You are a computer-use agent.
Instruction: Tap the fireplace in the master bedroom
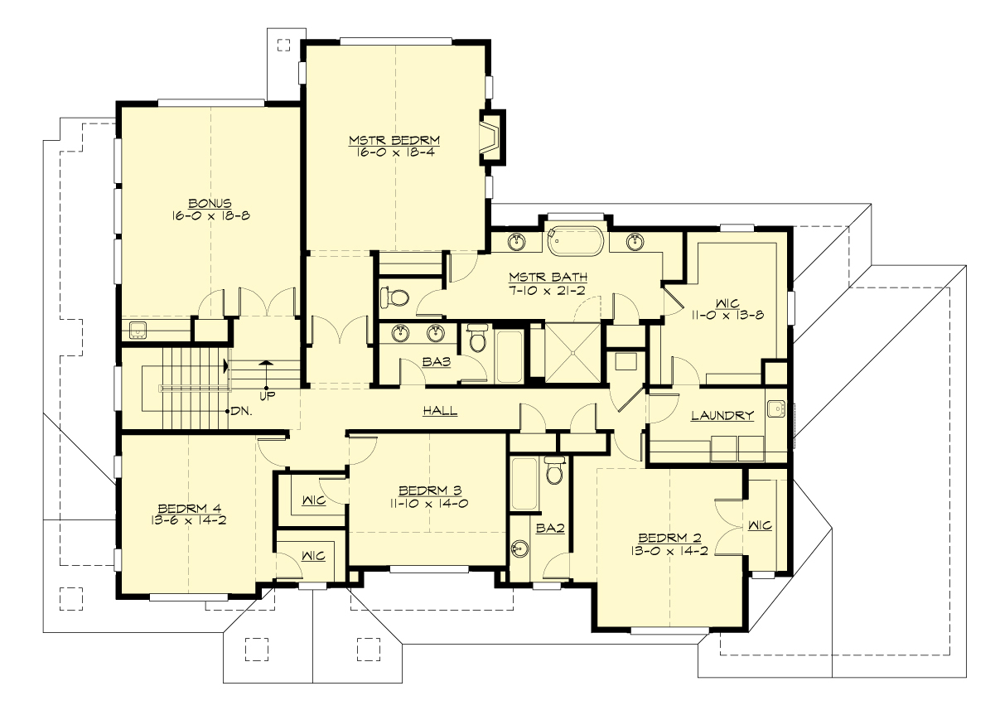point(490,136)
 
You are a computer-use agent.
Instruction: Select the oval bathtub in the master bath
point(577,241)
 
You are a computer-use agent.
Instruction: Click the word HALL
point(440,411)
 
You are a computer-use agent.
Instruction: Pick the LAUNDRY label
point(722,416)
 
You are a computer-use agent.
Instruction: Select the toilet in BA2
point(554,470)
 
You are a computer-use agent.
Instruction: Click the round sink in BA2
point(520,548)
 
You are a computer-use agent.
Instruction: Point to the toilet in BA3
point(477,338)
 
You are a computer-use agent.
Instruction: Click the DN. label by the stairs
point(241,411)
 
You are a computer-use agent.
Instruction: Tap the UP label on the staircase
point(266,395)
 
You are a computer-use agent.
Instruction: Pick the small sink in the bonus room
point(138,330)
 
